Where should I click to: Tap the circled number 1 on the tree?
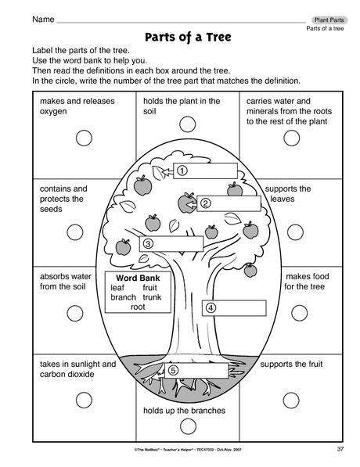tap(182, 170)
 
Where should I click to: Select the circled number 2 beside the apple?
tap(206, 203)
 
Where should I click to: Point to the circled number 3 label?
tap(147, 243)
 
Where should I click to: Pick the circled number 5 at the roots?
tap(173, 370)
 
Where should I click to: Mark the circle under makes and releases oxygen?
tap(81, 138)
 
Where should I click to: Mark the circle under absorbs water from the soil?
tap(75, 318)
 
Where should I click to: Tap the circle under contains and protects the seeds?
tap(75, 232)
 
